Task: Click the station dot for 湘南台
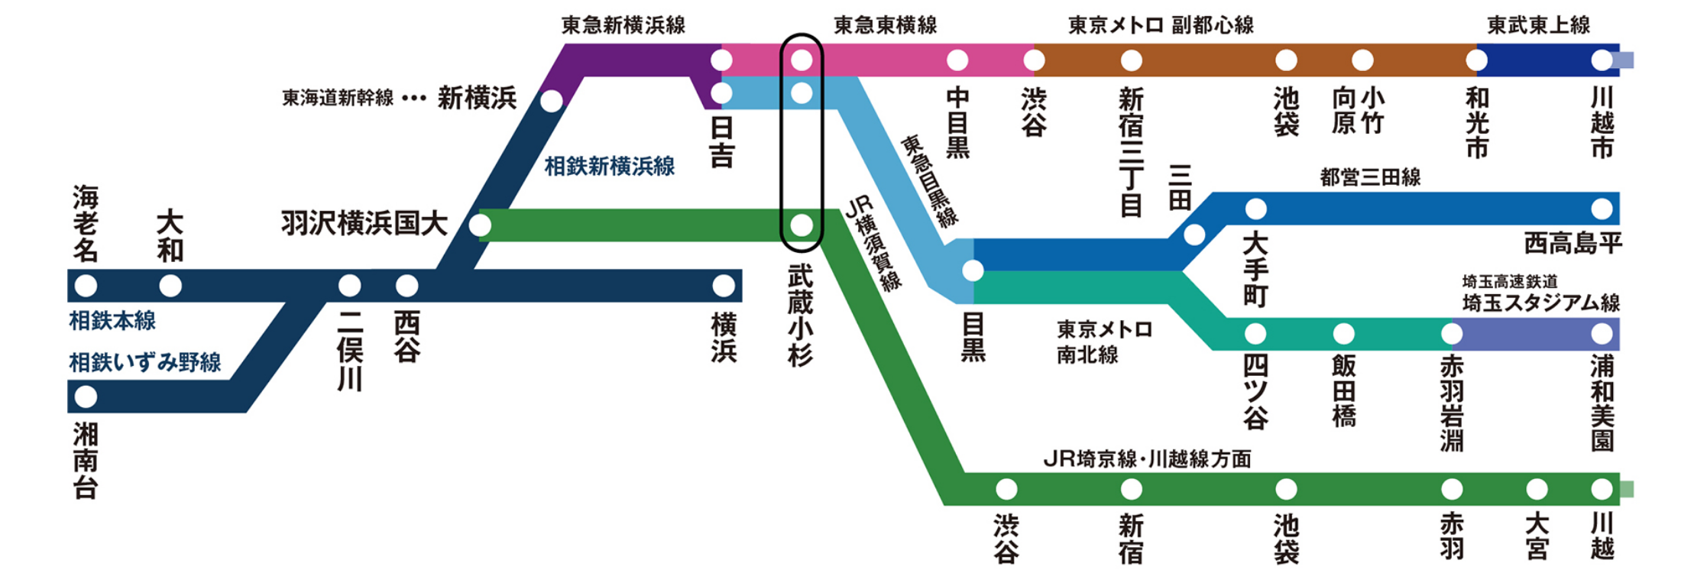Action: click(86, 397)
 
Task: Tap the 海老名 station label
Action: click(86, 223)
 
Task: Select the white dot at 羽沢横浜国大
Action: click(480, 225)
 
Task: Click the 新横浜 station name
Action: click(477, 98)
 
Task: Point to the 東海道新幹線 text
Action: click(338, 98)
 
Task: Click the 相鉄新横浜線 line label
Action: click(609, 167)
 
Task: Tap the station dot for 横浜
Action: click(723, 286)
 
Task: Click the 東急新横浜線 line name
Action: click(623, 25)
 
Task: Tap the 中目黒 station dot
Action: click(957, 60)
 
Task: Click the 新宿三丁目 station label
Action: click(1131, 152)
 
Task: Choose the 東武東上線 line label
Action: click(1538, 25)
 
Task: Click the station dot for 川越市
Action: click(1602, 60)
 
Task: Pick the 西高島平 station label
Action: click(1572, 244)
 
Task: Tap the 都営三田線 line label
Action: click(1370, 177)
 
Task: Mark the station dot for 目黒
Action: click(973, 270)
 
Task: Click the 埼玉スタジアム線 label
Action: click(1540, 303)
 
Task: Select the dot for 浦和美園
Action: click(1602, 334)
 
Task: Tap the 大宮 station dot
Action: click(1537, 489)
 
